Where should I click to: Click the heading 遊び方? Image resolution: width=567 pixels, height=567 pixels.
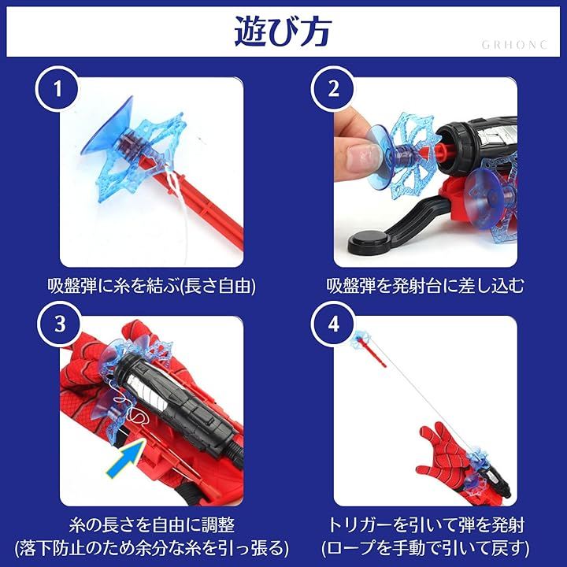[283, 31]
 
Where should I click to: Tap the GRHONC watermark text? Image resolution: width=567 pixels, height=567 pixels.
[514, 45]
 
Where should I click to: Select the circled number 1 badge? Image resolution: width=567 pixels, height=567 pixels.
[57, 89]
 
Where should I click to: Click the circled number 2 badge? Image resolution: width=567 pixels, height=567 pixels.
[333, 89]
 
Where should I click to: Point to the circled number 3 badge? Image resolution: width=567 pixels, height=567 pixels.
[60, 324]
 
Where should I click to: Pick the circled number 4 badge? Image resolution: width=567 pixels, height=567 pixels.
[333, 324]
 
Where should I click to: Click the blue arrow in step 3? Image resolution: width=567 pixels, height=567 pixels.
[126, 458]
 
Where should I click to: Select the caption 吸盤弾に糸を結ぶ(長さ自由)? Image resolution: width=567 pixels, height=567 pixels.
[151, 286]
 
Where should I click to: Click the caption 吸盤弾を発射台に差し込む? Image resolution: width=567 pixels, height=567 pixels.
[425, 286]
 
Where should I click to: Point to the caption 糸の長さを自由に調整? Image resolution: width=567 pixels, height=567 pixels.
[151, 525]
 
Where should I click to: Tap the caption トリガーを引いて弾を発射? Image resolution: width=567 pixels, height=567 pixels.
[425, 525]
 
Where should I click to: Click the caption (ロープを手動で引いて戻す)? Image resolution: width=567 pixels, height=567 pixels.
[425, 548]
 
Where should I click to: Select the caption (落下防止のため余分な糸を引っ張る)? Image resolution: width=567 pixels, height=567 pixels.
[152, 548]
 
